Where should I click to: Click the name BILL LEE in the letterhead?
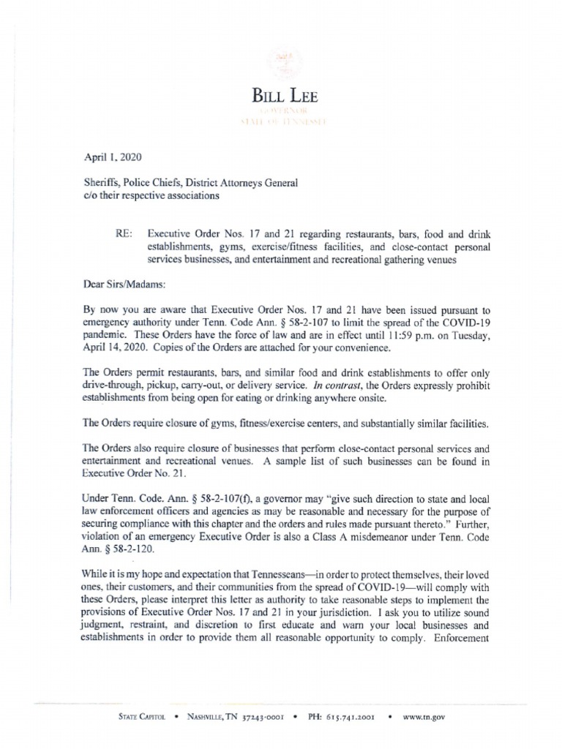[285, 95]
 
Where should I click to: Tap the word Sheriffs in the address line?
[103, 183]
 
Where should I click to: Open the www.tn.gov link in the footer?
[423, 718]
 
